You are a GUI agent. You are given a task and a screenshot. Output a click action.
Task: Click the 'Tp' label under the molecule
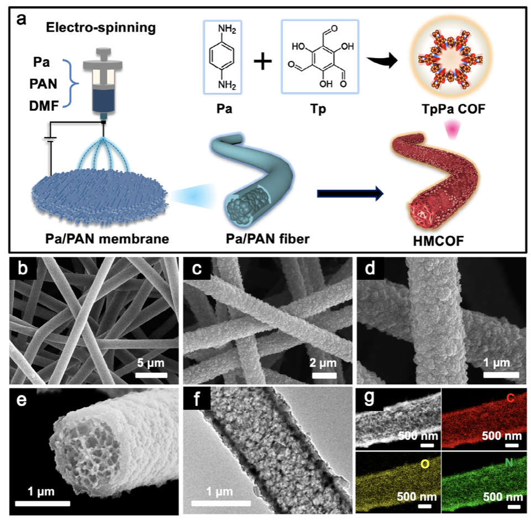pyautogui.click(x=318, y=108)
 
